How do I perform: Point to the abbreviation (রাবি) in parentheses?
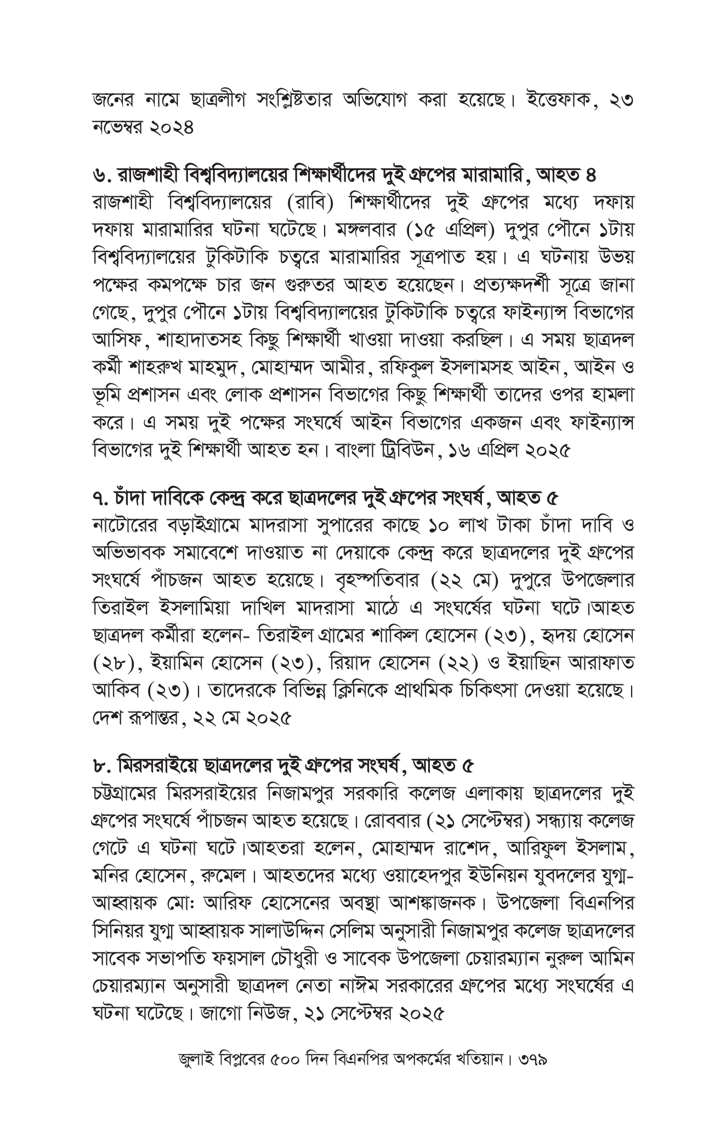click(x=310, y=203)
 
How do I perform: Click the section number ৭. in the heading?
click(x=101, y=498)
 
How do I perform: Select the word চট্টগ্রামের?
click(x=128, y=793)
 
